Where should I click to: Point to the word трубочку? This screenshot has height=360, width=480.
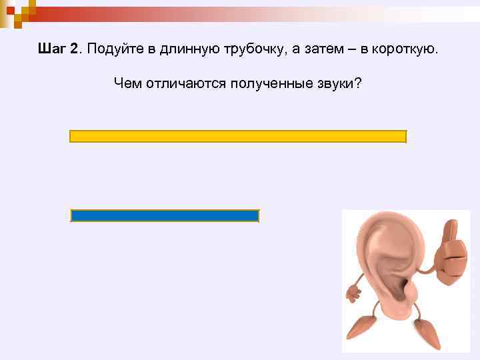click(241, 51)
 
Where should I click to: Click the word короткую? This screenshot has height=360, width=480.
click(405, 50)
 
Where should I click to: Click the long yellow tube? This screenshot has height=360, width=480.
click(238, 137)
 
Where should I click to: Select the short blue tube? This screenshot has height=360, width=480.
click(165, 216)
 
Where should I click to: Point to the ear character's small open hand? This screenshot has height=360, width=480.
click(352, 291)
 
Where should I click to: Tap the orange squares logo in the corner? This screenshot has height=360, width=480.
click(16, 11)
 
